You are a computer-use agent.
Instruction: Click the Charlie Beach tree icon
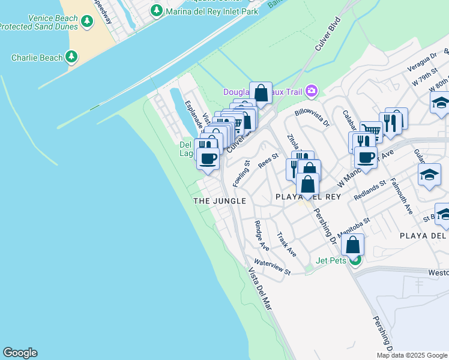tap(71, 58)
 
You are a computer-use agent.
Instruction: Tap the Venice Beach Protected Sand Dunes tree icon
tap(87, 22)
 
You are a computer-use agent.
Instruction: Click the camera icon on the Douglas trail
tap(311, 92)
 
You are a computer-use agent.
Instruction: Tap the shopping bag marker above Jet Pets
tap(353, 245)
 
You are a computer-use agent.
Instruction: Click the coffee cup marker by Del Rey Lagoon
tap(208, 159)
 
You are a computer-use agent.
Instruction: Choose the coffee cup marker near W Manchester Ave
tap(365, 158)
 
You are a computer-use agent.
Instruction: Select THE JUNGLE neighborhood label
tap(220, 201)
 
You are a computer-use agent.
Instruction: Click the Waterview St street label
tap(272, 267)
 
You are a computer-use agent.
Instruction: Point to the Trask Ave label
tap(286, 244)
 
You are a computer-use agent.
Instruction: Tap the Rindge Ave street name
tap(262, 235)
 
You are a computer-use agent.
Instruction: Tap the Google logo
tap(20, 353)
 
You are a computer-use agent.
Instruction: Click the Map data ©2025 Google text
tap(412, 355)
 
